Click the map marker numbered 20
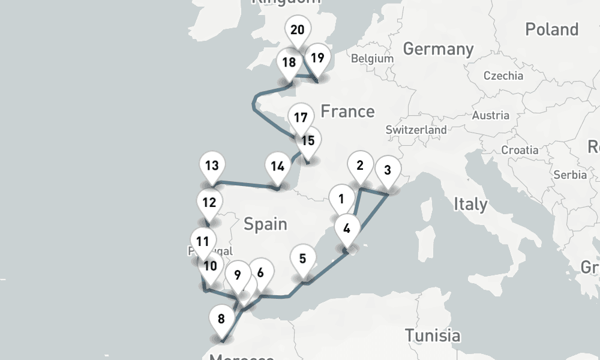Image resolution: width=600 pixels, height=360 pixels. click(298, 30)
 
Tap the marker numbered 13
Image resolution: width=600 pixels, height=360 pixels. click(211, 166)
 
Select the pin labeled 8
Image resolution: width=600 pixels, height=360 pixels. click(221, 319)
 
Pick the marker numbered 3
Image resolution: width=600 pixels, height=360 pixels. click(388, 170)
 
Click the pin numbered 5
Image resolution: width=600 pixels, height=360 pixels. click(302, 259)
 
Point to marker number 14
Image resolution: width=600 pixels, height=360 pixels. click(277, 166)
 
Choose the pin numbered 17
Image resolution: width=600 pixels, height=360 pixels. click(301, 118)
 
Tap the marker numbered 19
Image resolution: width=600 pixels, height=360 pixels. click(317, 58)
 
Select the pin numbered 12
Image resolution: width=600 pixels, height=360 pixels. click(209, 202)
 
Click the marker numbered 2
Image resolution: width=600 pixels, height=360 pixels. click(360, 166)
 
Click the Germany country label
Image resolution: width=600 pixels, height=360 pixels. click(438, 49)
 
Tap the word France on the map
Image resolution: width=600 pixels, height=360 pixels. click(347, 111)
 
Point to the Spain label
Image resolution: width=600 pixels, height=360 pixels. click(265, 224)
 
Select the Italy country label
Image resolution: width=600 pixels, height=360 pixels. click(470, 204)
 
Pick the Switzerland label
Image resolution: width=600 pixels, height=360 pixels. click(416, 130)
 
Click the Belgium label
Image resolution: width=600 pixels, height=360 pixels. click(372, 59)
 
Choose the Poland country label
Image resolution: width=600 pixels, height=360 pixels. click(551, 29)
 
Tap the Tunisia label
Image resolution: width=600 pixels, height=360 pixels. click(432, 335)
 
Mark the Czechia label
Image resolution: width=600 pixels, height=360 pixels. click(503, 76)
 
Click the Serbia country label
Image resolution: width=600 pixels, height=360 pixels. click(571, 175)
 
